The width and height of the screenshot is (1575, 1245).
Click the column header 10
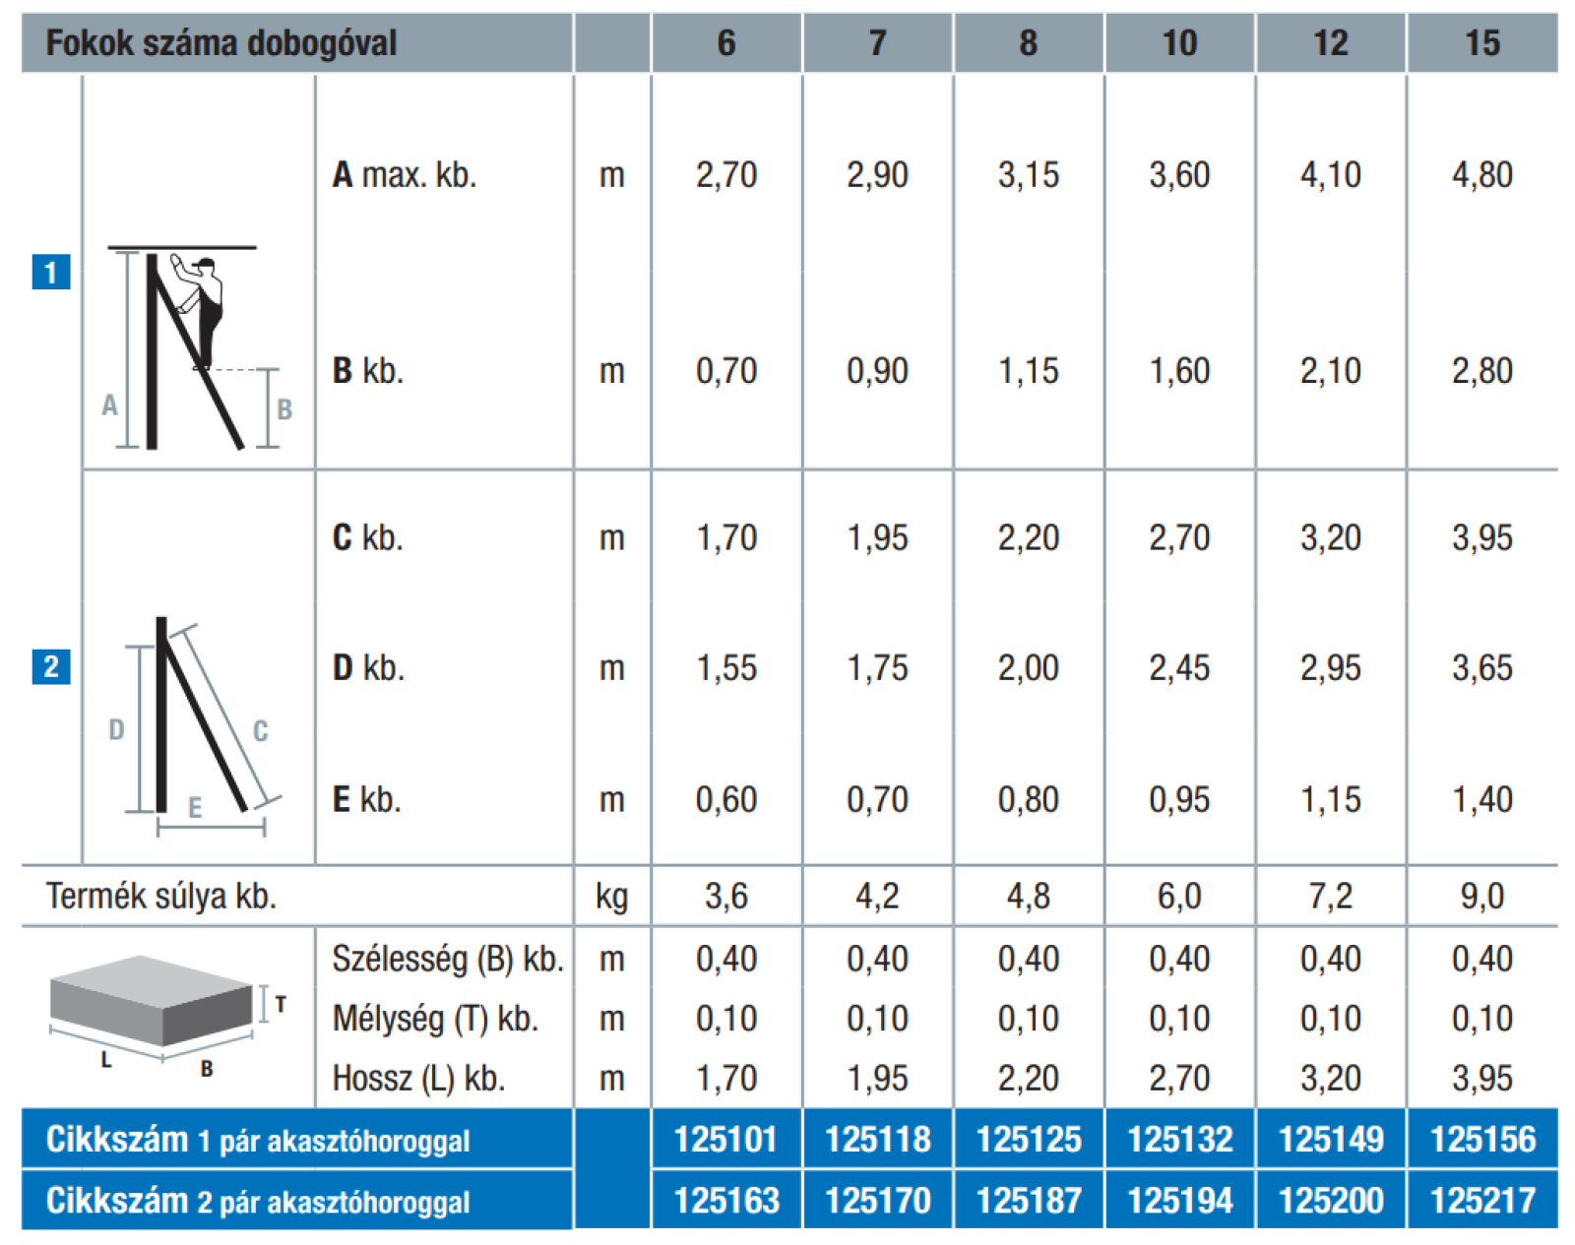click(x=1179, y=43)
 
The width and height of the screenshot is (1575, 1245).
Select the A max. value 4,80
click(x=1482, y=175)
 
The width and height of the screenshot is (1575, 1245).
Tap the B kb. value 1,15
click(x=1028, y=371)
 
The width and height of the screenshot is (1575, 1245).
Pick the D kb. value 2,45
click(x=1179, y=668)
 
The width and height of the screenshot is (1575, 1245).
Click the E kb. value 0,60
click(x=726, y=799)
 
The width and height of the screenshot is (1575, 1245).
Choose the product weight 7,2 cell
click(x=1331, y=896)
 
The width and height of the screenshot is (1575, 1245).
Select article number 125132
click(x=1180, y=1140)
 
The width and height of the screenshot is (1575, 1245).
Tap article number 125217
click(x=1482, y=1201)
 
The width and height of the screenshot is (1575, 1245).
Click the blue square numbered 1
click(x=51, y=272)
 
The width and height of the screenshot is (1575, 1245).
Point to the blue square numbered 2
click(x=51, y=666)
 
